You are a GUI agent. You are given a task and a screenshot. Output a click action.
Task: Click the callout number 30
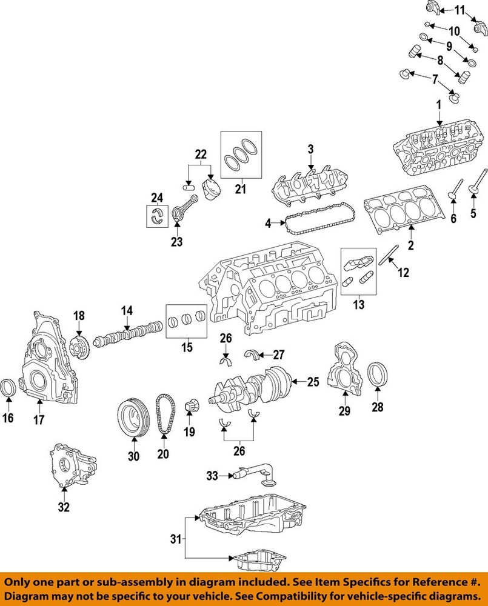coord(133,456)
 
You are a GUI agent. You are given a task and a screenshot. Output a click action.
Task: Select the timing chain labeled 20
coord(164,415)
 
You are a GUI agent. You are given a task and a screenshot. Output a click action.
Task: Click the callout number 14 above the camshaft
coord(126,311)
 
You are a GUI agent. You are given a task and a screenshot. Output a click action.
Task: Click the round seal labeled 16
coord(9,388)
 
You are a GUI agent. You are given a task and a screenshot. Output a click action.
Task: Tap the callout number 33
coord(212,477)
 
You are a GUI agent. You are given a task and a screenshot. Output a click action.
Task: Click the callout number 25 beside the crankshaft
coord(313,382)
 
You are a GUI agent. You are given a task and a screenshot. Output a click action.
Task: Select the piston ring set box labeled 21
coord(240,155)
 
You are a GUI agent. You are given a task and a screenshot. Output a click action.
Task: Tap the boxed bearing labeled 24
coord(158,215)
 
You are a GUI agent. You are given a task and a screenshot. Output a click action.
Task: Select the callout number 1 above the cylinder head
coord(438,105)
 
